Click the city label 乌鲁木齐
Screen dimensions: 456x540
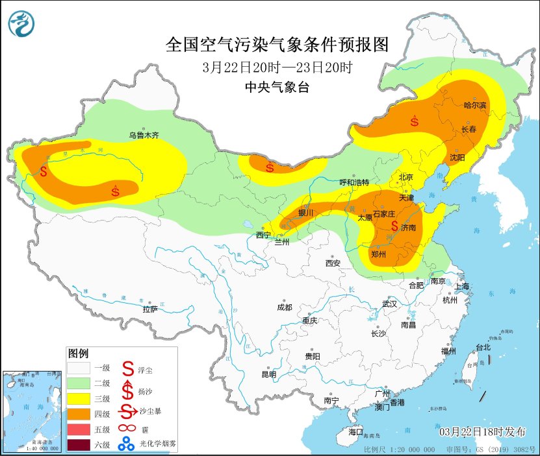tap(143, 136)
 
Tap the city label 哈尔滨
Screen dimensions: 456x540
tap(475, 104)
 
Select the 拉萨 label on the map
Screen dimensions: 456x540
tap(149, 309)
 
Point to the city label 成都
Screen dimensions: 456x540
tap(284, 307)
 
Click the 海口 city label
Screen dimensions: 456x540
tap(355, 431)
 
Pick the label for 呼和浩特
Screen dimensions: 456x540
tap(354, 182)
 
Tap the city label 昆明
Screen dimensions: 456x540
tap(268, 374)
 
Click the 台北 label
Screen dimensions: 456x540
tap(483, 347)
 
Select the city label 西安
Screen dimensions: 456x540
tap(333, 263)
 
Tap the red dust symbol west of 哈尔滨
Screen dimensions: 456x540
tap(414, 121)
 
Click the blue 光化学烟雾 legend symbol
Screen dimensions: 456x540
tap(125, 445)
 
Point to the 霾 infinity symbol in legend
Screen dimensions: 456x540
tap(125, 429)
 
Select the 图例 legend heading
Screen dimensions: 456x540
tap(78, 354)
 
